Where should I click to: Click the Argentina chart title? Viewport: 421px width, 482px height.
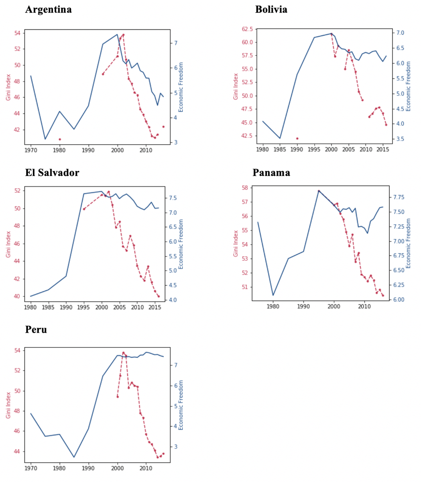[x=48, y=10]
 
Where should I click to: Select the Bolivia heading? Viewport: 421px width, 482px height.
[x=271, y=9]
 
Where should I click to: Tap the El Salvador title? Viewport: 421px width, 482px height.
[x=52, y=172]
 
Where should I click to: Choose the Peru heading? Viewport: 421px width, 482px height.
[x=36, y=329]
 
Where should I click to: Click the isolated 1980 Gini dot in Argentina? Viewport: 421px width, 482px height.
[x=59, y=139]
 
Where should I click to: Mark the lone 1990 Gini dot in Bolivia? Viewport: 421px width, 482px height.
[x=297, y=139]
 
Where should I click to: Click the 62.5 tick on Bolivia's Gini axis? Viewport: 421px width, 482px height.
[x=246, y=29]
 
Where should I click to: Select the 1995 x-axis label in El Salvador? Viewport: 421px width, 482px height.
[x=84, y=308]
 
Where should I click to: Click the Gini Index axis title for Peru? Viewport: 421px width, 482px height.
[x=8, y=405]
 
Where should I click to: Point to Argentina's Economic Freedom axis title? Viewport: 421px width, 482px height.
[x=181, y=87]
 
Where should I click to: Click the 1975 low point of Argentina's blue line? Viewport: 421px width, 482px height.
[x=45, y=139]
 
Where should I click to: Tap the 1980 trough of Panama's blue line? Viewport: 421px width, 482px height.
[x=273, y=296]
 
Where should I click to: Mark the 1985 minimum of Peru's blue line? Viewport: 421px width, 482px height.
[x=74, y=457]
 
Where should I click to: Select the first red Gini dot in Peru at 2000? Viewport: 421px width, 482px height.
[x=118, y=396]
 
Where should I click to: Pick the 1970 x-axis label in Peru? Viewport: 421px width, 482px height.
[x=31, y=468]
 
